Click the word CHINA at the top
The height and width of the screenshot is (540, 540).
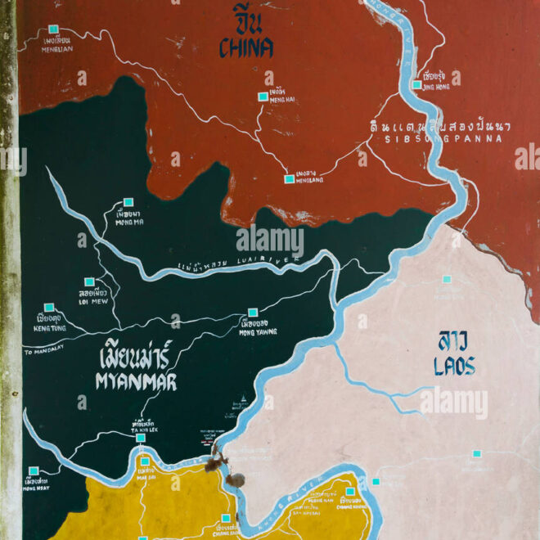point(245,48)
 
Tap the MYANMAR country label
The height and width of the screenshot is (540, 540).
point(136,382)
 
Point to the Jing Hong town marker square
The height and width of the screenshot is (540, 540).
point(416,84)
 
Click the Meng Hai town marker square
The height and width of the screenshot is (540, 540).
point(263,97)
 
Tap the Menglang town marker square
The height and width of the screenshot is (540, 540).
point(289,178)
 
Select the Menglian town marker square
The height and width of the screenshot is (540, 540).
point(53,29)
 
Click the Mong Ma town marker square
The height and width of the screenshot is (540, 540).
point(128,201)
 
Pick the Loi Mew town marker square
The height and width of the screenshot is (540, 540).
point(89,281)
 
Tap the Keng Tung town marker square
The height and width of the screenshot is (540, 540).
point(48,308)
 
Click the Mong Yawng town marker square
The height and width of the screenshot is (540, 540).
point(253,312)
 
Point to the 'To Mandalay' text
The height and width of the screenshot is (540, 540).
point(47,352)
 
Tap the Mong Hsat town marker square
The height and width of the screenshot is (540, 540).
point(34,470)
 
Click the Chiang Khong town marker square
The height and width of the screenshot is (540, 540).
point(349,492)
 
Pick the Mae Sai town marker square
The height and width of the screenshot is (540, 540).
point(145,461)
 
